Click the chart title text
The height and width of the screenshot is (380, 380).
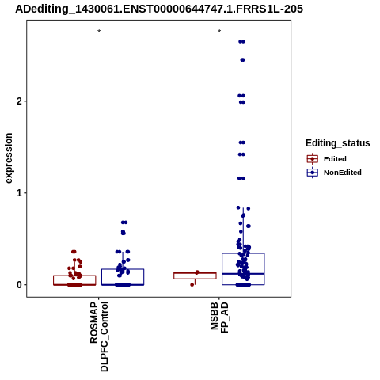[x=159, y=9]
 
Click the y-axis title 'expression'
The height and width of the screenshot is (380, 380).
[x=9, y=158]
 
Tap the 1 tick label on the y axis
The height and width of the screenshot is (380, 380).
[x=19, y=193]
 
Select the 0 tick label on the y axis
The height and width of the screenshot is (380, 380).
[x=19, y=285]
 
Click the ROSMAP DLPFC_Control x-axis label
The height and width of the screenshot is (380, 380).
[x=99, y=336]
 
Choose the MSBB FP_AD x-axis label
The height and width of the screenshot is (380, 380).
[x=219, y=317]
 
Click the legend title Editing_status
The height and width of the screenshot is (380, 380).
[x=338, y=143]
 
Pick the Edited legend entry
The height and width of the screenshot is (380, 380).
[x=326, y=159]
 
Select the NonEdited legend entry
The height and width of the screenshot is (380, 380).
[x=334, y=173]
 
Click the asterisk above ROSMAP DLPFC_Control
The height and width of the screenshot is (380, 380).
[x=99, y=32]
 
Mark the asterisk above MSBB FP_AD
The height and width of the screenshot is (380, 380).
[x=219, y=32]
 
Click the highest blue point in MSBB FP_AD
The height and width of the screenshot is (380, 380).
[x=241, y=41]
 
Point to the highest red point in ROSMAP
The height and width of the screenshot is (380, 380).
[x=74, y=252]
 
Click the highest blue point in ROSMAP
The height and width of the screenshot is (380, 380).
[x=124, y=222]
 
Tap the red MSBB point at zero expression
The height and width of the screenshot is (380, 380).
[x=192, y=285]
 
